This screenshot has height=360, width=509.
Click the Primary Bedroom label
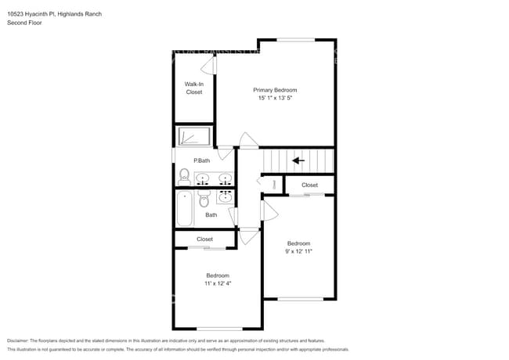pos(275,90)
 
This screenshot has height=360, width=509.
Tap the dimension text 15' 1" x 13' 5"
pos(275,99)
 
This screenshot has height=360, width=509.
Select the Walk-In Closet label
pos(193,88)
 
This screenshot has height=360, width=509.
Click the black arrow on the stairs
pos(298,160)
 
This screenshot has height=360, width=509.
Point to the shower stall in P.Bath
pos(193,137)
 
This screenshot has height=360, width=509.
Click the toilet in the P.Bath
pos(184,175)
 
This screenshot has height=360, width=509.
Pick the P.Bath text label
pos(202,160)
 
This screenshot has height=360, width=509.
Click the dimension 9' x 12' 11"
pos(298,251)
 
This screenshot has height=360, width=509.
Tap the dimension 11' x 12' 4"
pos(218,283)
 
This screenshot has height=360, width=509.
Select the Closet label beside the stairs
pos(310,185)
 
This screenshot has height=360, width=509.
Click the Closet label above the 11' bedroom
pos(204,239)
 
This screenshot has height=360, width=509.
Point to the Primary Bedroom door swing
pos(248,142)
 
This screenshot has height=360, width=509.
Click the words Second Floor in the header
pos(24,23)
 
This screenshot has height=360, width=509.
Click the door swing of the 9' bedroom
pos(268,210)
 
